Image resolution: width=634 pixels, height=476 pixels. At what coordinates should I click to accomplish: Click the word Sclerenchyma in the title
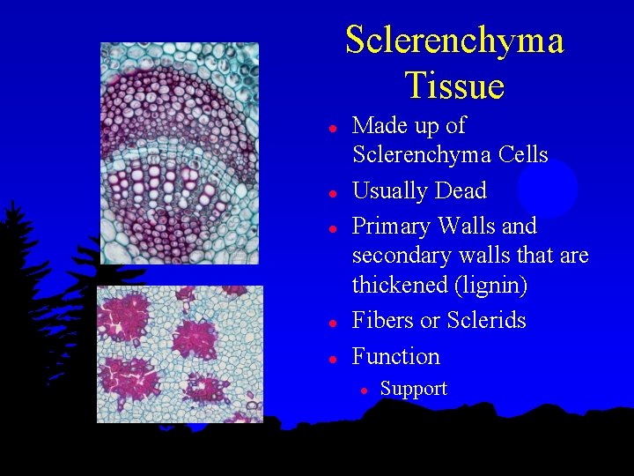pyautogui.click(x=454, y=41)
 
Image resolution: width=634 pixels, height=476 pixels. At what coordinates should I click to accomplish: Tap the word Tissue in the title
pyautogui.click(x=454, y=86)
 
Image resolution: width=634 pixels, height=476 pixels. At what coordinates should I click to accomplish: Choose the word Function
pyautogui.click(x=395, y=356)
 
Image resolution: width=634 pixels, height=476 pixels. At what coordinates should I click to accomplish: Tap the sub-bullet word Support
pyautogui.click(x=413, y=389)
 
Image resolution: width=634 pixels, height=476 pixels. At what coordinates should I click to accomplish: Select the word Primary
pyautogui.click(x=390, y=227)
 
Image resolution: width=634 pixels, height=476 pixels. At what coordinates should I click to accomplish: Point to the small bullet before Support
pyautogui.click(x=361, y=390)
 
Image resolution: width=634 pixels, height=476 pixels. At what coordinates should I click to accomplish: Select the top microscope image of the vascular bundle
pyautogui.click(x=180, y=153)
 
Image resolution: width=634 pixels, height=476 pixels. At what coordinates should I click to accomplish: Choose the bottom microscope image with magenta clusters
pyautogui.click(x=180, y=353)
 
